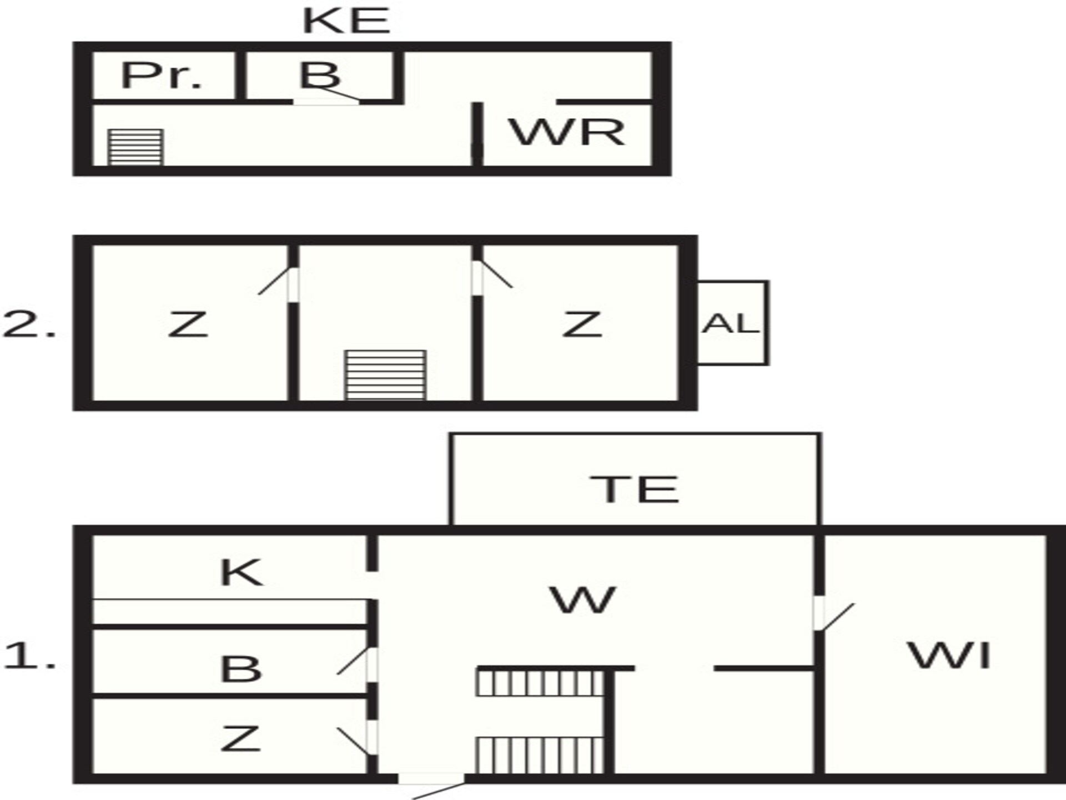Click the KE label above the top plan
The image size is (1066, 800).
[346, 21]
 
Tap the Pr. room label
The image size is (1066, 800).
[161, 76]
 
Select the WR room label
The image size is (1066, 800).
[567, 132]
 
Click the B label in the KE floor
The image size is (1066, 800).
[319, 74]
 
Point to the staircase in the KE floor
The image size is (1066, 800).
[135, 147]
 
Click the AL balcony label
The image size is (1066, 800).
[730, 323]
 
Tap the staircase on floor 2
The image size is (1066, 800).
[385, 374]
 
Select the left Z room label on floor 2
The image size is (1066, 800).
[188, 324]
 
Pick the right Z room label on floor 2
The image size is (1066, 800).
[582, 324]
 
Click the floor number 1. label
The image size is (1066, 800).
[29, 656]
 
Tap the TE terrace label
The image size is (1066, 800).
[634, 489]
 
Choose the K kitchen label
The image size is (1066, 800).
[241, 573]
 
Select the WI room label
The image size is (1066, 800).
[949, 656]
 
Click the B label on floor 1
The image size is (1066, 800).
[241, 669]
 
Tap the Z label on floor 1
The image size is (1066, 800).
[240, 739]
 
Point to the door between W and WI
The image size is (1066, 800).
[833, 614]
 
